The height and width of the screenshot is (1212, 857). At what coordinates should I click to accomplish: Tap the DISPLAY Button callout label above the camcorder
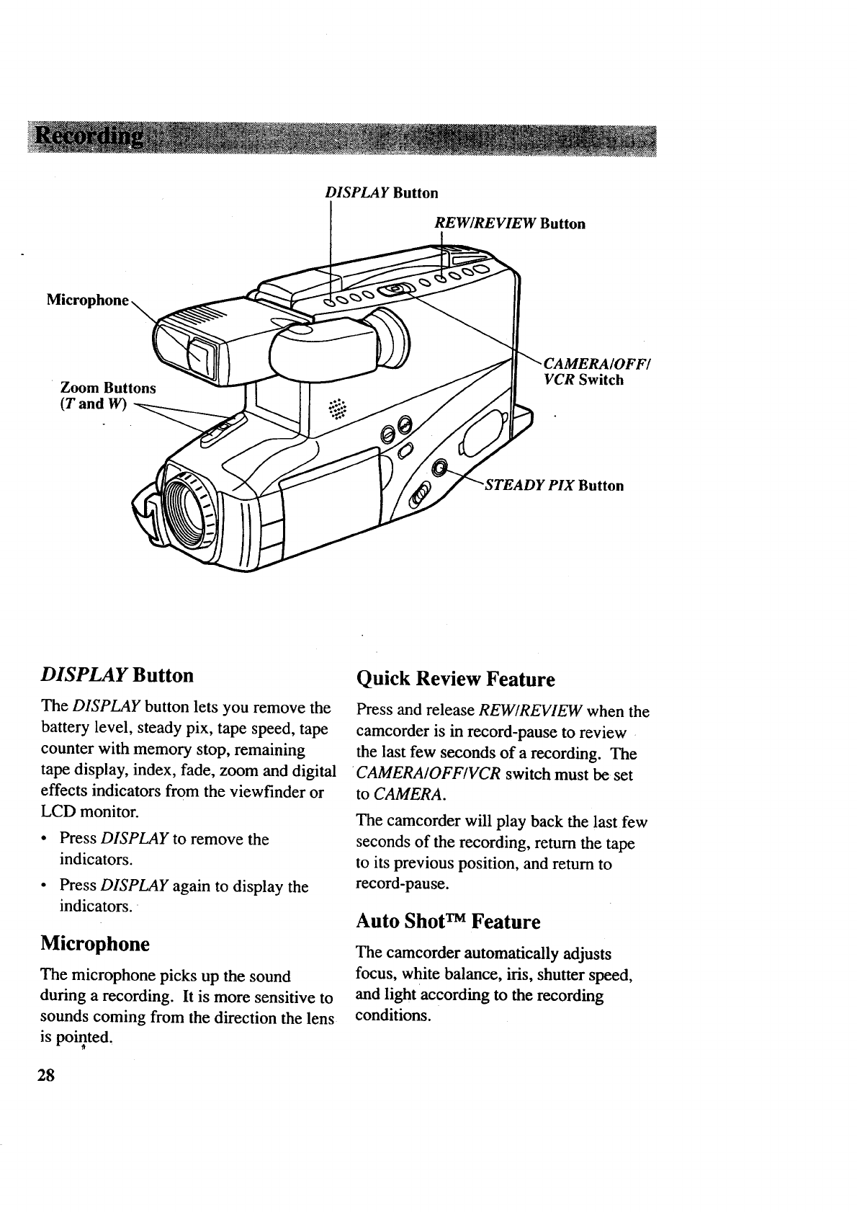pyautogui.click(x=381, y=193)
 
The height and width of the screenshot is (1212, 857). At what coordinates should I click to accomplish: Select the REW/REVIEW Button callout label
pyautogui.click(x=510, y=223)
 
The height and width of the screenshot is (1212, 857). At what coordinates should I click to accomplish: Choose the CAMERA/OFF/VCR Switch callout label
pyautogui.click(x=591, y=371)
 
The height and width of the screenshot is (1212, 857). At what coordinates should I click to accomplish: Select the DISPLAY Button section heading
pyautogui.click(x=117, y=675)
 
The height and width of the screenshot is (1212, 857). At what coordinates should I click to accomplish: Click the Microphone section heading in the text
pyautogui.click(x=95, y=943)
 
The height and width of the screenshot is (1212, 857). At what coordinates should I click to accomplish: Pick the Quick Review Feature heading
pyautogui.click(x=456, y=679)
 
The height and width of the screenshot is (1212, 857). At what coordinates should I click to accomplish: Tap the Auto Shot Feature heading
pyautogui.click(x=448, y=922)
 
